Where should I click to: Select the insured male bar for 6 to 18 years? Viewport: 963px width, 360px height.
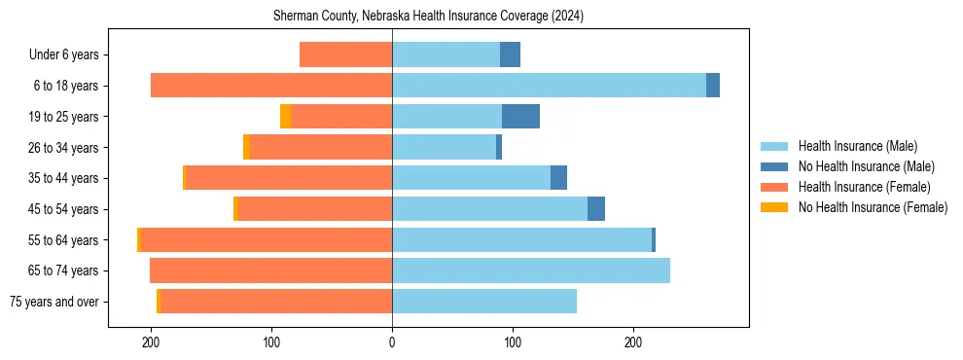click(549, 86)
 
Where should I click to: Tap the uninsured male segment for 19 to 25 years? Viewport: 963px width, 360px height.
click(520, 117)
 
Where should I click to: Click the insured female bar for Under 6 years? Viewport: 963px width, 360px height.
click(345, 54)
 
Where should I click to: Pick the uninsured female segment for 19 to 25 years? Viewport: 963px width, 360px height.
click(285, 117)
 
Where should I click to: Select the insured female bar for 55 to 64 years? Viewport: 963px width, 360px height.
click(267, 240)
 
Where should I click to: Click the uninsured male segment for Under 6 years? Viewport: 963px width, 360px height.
click(510, 54)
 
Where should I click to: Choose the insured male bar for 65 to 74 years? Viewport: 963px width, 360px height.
click(531, 270)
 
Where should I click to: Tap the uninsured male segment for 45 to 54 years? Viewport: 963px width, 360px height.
click(596, 209)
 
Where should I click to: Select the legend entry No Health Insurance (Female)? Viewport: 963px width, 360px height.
click(873, 207)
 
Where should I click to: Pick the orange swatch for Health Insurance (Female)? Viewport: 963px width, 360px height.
click(774, 187)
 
